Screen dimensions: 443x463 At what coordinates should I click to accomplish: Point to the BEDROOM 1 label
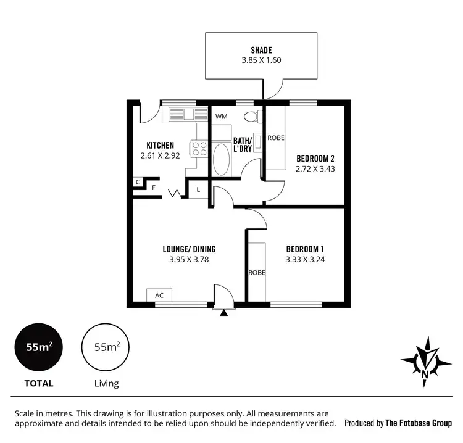click(x=305, y=249)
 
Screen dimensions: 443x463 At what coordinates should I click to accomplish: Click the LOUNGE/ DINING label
click(x=189, y=249)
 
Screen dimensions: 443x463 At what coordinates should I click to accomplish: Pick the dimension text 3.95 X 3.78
click(x=189, y=260)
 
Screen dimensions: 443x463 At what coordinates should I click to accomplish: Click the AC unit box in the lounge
click(x=159, y=296)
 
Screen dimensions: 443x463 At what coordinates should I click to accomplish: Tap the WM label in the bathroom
click(x=220, y=116)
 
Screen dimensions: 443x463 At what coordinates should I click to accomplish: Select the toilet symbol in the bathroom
click(x=251, y=116)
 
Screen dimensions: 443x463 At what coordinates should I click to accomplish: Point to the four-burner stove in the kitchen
click(x=199, y=149)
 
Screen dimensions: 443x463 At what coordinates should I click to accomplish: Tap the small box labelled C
click(x=137, y=183)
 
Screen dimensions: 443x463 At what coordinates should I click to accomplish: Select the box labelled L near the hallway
click(x=198, y=189)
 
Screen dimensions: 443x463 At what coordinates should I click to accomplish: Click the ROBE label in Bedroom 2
click(x=276, y=138)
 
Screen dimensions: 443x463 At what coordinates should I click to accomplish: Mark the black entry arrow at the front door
click(x=223, y=312)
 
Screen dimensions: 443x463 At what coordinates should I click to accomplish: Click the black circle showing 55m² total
click(x=38, y=347)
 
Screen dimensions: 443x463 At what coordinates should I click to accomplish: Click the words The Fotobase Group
click(x=419, y=423)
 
